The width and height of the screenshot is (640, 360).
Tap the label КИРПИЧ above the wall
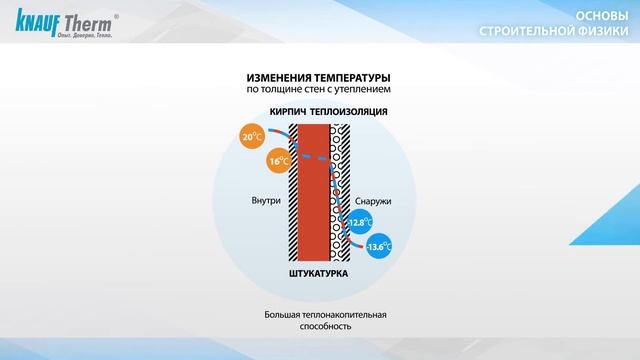pos(287,112)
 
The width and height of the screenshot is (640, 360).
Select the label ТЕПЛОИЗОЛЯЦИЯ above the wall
pos(348,112)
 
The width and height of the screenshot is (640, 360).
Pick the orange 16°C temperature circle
pos(279,160)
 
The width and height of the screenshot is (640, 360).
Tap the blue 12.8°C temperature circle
pos(359,222)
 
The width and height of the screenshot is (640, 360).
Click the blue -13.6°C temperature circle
pos(378,246)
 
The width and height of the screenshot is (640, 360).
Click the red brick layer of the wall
pos(316,190)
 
